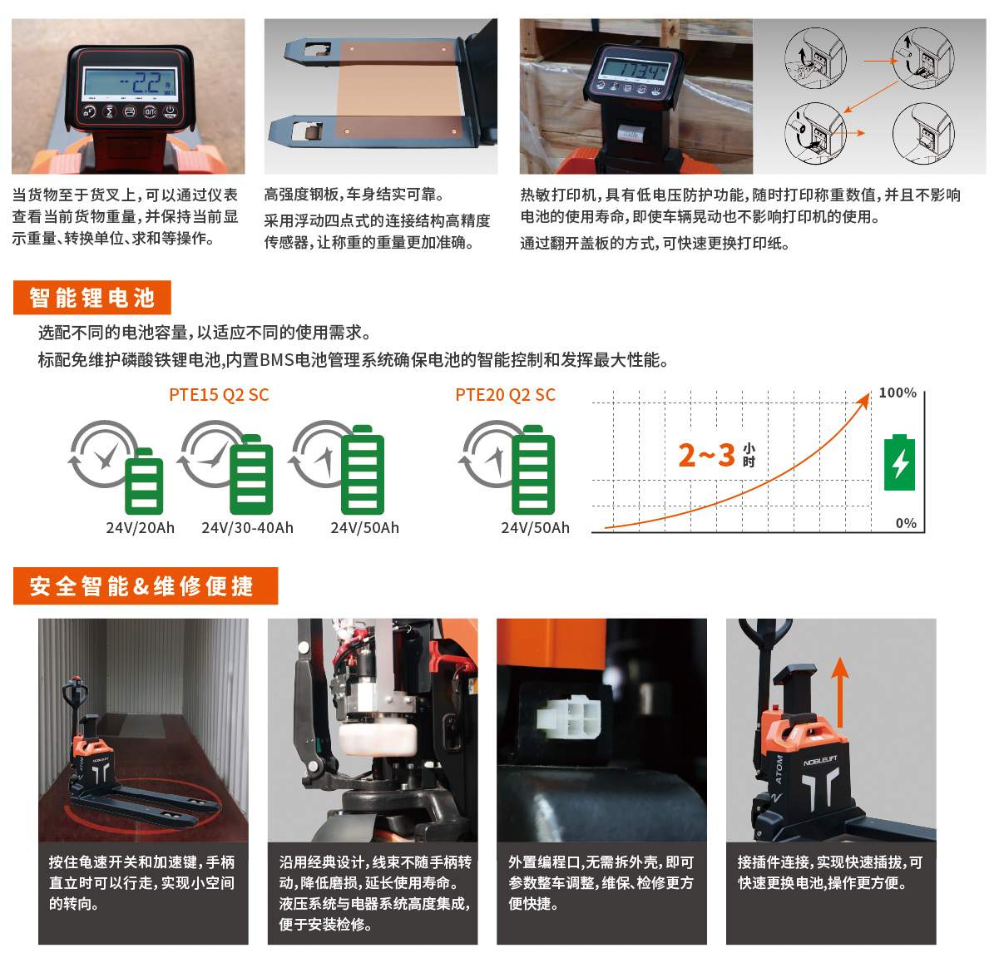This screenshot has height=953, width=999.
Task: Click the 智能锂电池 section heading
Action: point(92,298)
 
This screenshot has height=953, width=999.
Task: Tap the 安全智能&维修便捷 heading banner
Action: point(146,585)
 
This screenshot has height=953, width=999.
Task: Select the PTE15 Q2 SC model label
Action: point(219,395)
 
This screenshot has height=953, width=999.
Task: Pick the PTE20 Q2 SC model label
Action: point(505,395)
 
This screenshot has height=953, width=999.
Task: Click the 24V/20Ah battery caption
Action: point(141,528)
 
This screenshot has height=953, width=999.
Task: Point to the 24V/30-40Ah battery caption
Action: point(248,528)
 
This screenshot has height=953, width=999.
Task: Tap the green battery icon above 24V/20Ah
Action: point(144,481)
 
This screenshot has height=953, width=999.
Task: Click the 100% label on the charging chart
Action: point(898,393)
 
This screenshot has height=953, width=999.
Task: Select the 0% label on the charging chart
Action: point(906,523)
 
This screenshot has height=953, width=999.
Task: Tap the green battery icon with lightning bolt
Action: point(899,462)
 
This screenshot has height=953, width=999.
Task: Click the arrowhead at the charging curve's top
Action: point(864,400)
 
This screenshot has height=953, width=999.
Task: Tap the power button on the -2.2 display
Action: point(170,111)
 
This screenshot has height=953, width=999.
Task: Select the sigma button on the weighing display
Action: point(109,111)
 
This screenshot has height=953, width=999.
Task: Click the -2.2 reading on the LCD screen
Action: point(142,83)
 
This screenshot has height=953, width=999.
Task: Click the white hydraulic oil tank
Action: point(378,738)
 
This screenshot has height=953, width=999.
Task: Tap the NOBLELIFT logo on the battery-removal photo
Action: point(820,761)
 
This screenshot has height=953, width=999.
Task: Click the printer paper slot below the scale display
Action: point(631,135)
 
